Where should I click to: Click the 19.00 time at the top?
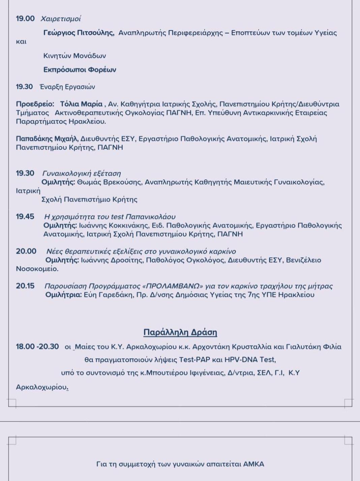click(x=25, y=19)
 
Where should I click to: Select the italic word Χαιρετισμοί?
click(x=61, y=19)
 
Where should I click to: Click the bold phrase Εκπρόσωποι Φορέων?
click(x=80, y=70)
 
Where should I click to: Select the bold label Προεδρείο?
click(x=35, y=104)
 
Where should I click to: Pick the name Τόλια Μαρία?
click(x=81, y=104)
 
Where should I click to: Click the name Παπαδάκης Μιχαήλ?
click(x=47, y=139)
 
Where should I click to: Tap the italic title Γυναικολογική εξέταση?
click(x=82, y=173)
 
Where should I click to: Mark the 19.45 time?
click(x=25, y=216)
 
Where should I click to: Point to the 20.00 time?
click(x=26, y=251)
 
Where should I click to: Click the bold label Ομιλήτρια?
click(x=64, y=295)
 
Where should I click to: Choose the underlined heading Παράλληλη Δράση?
click(x=180, y=332)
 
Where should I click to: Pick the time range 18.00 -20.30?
click(x=37, y=347)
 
